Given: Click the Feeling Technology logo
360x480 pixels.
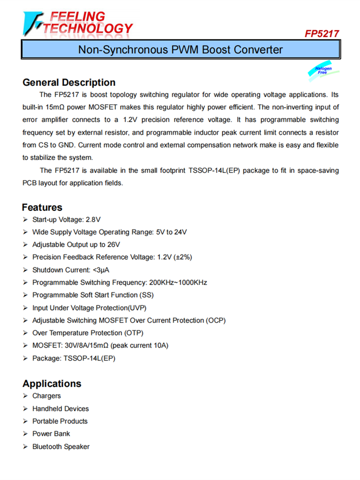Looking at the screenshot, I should pyautogui.click(x=77, y=23).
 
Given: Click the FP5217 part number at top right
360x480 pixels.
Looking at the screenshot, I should pyautogui.click(x=322, y=34).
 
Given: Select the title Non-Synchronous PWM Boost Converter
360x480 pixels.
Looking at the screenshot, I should pyautogui.click(x=180, y=49).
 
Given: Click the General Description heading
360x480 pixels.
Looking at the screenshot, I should pyautogui.click(x=69, y=82).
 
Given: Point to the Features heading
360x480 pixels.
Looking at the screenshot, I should pyautogui.click(x=42, y=207).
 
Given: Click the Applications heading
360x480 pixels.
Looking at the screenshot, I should pyautogui.click(x=52, y=384).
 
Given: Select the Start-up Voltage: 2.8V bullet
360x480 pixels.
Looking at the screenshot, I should pyautogui.click(x=66, y=220).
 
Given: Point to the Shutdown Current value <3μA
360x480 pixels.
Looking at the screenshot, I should pyautogui.click(x=105, y=270).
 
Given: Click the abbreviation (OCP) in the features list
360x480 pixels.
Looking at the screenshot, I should pyautogui.click(x=216, y=320).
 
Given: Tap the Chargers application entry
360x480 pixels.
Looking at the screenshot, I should pyautogui.click(x=47, y=396).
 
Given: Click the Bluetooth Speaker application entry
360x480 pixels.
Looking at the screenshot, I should pyautogui.click(x=61, y=446).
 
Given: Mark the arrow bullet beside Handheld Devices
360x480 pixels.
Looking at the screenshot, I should pyautogui.click(x=25, y=408).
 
